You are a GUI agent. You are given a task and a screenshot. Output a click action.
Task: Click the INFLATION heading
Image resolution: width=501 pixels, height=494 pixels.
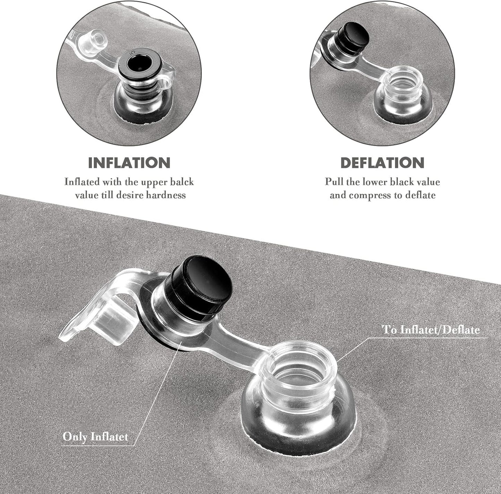tap(129, 163)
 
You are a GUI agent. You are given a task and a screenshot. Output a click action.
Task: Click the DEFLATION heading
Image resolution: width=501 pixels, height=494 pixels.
tap(382, 163)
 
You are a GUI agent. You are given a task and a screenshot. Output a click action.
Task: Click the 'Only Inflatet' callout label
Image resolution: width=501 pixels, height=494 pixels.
tap(95, 437)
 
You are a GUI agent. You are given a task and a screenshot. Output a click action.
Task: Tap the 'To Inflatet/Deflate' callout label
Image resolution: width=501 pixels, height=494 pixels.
tap(431, 330)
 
